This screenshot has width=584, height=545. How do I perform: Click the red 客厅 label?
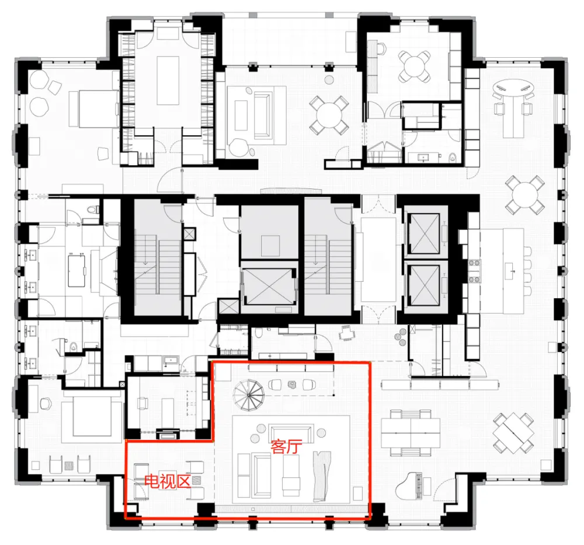click(285, 447)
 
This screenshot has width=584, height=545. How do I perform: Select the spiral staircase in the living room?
click(249, 393)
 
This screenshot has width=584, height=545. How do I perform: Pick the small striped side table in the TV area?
click(197, 480)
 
